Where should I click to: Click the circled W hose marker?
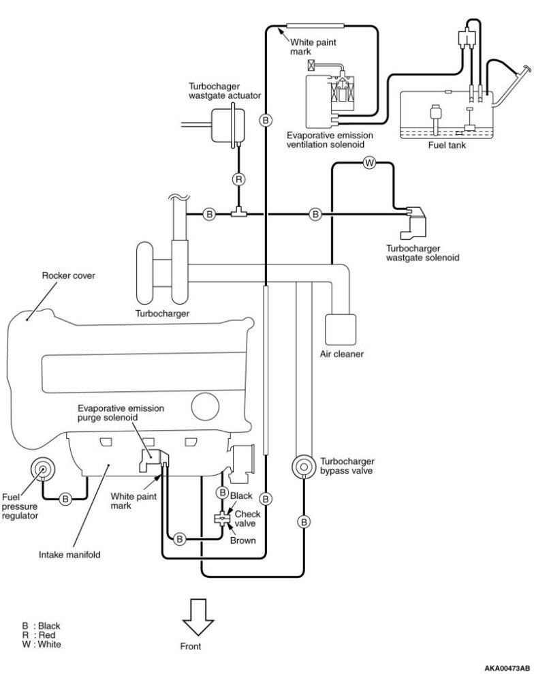tap(369, 163)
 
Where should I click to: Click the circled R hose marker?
tap(239, 179)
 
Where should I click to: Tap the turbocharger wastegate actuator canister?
tap(228, 125)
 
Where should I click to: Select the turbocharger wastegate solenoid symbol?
tap(413, 223)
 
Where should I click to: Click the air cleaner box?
tap(341, 329)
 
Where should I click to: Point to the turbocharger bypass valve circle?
tap(304, 466)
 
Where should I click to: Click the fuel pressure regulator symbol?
tap(42, 469)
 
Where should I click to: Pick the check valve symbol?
tap(222, 518)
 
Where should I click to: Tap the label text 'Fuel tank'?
tap(447, 145)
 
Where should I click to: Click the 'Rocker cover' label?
tap(68, 275)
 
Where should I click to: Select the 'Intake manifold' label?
tap(69, 555)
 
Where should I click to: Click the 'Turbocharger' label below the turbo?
tap(162, 313)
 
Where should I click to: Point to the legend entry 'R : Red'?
tap(39, 635)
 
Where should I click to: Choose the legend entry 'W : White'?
tap(42, 644)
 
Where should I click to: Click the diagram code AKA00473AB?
tap(507, 668)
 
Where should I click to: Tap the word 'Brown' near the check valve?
tap(242, 540)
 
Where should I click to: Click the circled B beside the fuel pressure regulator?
tap(65, 499)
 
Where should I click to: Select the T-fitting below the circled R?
tap(238, 213)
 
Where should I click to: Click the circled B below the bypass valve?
tap(304, 522)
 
